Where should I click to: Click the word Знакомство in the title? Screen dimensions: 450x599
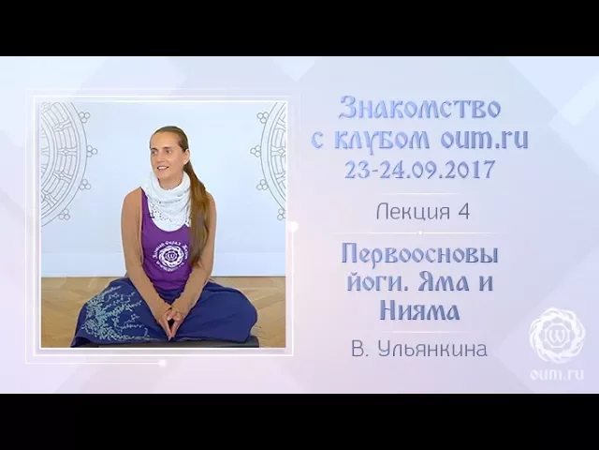click(419, 108)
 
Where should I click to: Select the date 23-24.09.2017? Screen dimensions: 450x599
click(419, 172)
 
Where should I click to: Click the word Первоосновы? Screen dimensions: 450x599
click(418, 253)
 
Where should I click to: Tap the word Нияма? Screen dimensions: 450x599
click(418, 309)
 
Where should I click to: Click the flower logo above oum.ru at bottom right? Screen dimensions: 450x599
click(557, 335)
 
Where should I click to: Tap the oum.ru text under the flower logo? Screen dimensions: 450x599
click(557, 374)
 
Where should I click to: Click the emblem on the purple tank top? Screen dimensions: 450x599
click(172, 256)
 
